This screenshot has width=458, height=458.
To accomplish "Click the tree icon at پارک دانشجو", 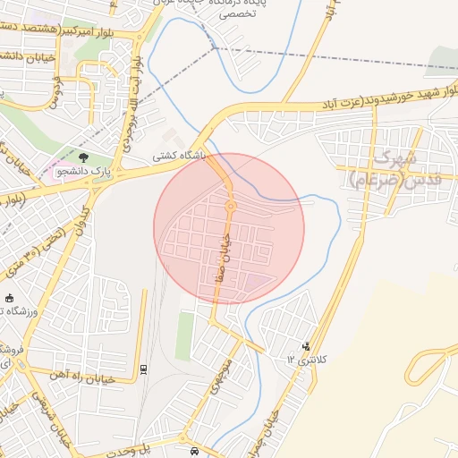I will point(83,157).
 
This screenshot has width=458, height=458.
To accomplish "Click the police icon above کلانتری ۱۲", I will point(307,345).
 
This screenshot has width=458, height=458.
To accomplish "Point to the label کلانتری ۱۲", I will point(307,358).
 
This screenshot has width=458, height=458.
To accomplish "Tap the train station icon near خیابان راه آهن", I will point(144,369).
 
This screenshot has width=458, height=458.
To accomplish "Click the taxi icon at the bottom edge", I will point(195,451).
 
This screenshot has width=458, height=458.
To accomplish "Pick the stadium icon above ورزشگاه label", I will point(10,298).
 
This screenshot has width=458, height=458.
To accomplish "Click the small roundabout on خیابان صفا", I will point(231,207).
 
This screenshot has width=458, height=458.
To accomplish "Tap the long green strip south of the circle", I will point(185,335).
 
